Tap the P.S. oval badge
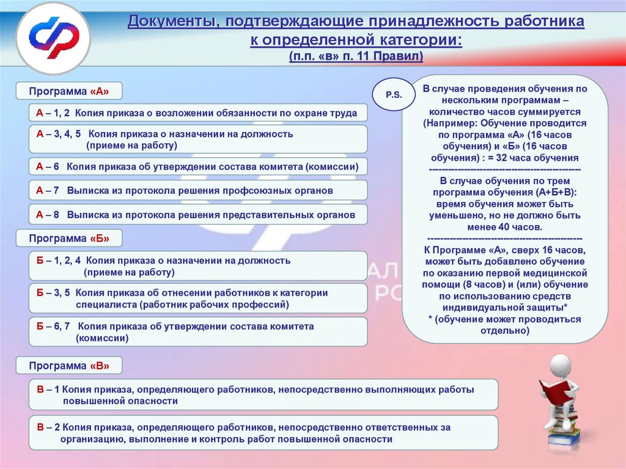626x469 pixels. click(394, 95)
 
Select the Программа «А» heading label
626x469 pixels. click(69, 91)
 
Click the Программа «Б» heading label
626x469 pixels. click(69, 238)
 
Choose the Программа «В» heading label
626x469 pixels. click(69, 366)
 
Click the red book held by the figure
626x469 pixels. click(552, 392)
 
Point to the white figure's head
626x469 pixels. click(561, 365)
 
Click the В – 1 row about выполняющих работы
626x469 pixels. click(263, 395)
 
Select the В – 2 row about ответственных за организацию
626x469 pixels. click(263, 433)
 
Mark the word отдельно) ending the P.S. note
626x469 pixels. click(504, 331)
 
